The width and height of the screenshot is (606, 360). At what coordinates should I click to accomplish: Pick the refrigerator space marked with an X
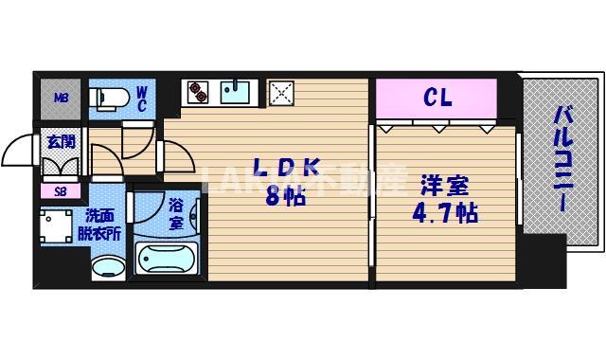281,93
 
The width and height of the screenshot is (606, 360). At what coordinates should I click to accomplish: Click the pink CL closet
437,97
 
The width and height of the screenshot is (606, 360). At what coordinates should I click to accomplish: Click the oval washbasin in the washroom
107,266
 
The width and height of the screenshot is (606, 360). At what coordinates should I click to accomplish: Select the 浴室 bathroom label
175,214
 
